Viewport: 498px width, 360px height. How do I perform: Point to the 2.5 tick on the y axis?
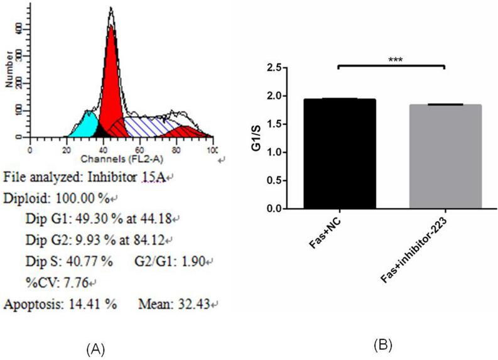(x=275, y=68)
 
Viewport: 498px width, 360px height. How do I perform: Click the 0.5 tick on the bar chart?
(x=275, y=180)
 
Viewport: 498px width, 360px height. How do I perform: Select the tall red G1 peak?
(x=111, y=82)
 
